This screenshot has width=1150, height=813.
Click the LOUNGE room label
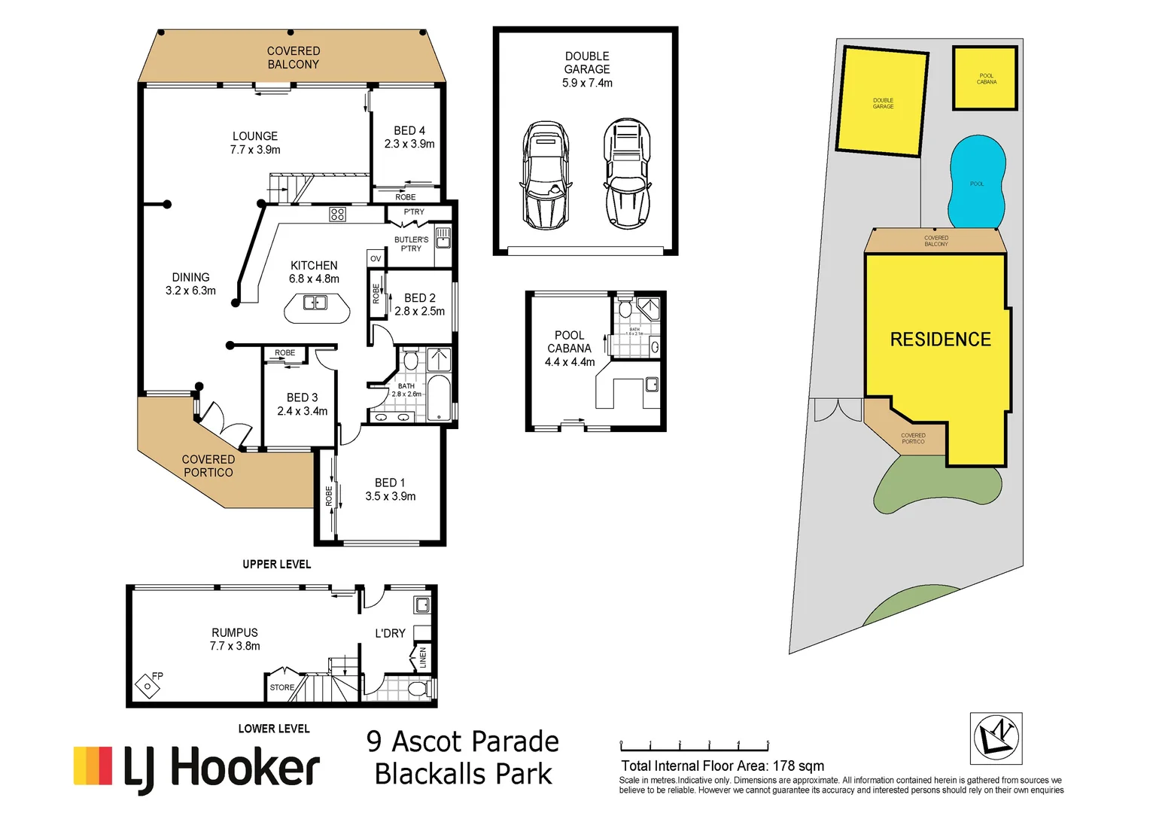click(x=255, y=143)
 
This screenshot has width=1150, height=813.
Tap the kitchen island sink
click(x=315, y=303)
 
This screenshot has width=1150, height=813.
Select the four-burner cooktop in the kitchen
click(x=337, y=215)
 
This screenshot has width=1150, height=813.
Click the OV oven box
click(x=376, y=258)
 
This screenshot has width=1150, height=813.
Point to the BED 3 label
click(x=302, y=404)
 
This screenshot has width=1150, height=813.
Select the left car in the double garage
click(x=544, y=175)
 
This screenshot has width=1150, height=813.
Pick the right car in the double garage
click(x=627, y=174)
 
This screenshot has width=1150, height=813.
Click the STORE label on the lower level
click(x=282, y=687)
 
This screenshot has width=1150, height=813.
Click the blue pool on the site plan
click(x=977, y=183)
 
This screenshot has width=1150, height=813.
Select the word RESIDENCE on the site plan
click(x=940, y=340)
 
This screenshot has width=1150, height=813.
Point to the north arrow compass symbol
click(x=996, y=738)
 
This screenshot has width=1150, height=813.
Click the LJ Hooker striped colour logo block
click(x=93, y=766)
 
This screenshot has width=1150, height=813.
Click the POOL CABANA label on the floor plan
click(x=569, y=349)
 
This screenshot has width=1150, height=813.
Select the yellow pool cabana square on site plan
click(x=985, y=78)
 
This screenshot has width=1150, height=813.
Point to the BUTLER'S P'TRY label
click(x=411, y=244)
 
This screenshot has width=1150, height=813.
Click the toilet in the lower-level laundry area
click(x=417, y=689)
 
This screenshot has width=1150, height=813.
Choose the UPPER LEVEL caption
click(x=276, y=564)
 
